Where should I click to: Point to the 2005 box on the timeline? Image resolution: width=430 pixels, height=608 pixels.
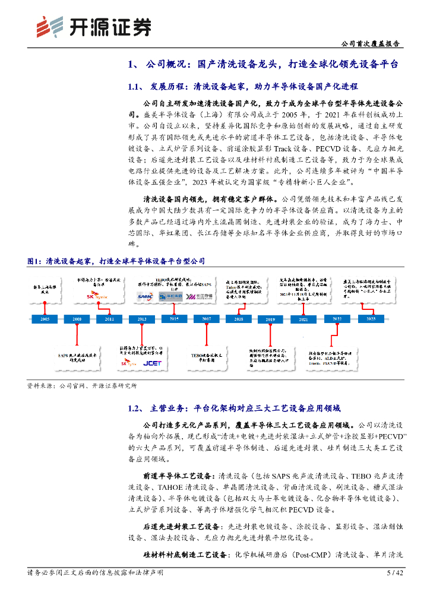tap(45, 319)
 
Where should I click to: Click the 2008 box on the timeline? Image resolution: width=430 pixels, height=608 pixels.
tap(77, 319)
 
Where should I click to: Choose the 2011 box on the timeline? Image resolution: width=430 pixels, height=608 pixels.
tap(109, 319)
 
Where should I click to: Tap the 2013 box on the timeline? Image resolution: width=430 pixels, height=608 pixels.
tap(141, 319)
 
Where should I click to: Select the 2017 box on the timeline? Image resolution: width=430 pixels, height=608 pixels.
tap(206, 319)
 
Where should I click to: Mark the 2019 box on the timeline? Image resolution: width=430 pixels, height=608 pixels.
tap(270, 319)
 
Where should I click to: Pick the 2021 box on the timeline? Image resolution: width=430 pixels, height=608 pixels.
tap(303, 319)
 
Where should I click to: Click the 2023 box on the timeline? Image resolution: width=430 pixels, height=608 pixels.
tap(371, 319)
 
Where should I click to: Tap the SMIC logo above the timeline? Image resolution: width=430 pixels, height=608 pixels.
tap(144, 296)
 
